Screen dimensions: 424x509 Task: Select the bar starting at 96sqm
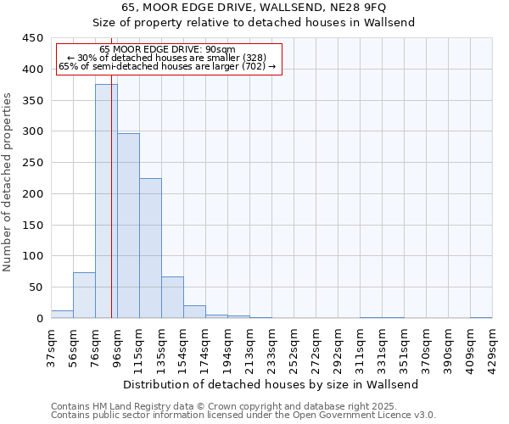128,226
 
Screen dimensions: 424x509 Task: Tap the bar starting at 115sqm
150,248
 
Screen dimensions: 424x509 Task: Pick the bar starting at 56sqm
84,295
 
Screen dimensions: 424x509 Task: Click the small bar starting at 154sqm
194,312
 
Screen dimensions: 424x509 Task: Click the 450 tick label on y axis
32,38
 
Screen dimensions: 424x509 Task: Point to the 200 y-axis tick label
32,194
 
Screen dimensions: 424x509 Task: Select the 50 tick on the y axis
36,287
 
